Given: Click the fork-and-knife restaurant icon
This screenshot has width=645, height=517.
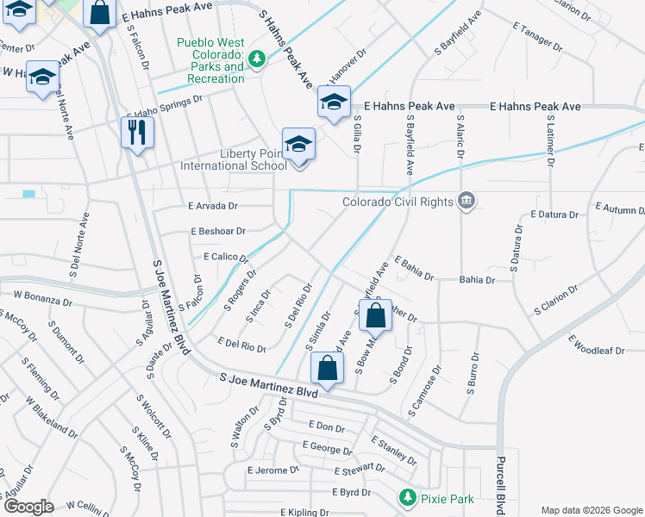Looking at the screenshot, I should pos(137,132).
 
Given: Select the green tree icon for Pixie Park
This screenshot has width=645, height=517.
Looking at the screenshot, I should pos(407,497).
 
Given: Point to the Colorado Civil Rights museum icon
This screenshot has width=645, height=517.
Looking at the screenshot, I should pos(467,202).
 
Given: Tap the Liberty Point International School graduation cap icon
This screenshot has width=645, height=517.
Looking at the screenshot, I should pos(298,144).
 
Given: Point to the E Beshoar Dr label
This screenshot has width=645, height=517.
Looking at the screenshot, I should pos(217,231).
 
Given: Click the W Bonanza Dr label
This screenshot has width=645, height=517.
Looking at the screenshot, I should pos(42,298).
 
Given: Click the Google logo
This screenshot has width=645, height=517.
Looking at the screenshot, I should pos(29,507).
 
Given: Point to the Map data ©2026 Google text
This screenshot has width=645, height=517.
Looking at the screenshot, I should pos(591,510).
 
